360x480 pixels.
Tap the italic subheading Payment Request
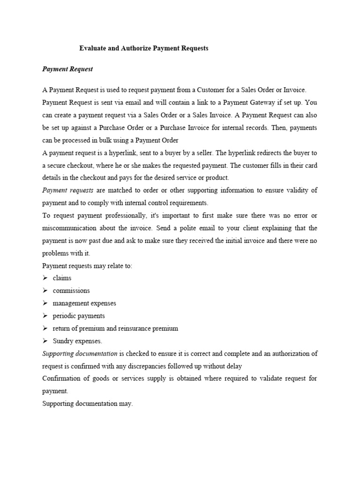point(67,69)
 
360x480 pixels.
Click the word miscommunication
point(72,228)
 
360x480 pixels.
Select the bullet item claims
point(62,278)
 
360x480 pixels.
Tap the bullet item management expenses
point(84,303)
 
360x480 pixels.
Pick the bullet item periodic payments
point(79,316)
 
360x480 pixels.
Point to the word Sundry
point(63,341)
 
